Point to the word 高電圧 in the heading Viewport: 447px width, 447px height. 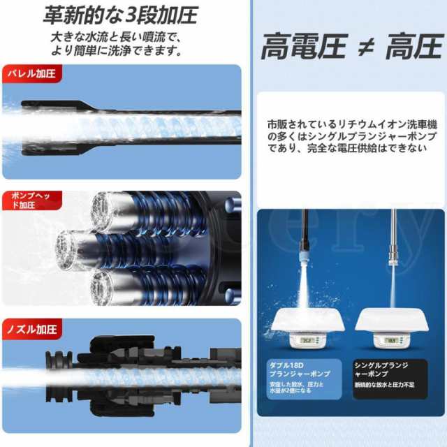point(303,47)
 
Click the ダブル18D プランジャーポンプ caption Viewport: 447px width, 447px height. point(299,369)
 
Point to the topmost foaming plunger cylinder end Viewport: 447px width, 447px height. point(105,207)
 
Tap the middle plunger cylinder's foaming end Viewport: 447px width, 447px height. point(70,244)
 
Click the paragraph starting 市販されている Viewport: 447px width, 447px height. point(346,135)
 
